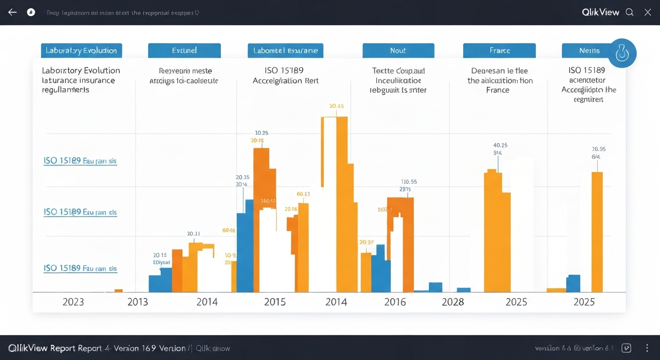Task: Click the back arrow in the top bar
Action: point(12,12)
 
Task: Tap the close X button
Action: point(647,12)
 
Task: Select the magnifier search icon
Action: point(630,12)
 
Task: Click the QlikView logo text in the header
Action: point(600,12)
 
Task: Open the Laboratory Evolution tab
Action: point(82,51)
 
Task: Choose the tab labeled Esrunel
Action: point(184,51)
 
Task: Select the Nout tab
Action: point(398,51)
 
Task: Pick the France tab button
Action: point(499,51)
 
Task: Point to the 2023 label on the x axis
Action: point(73,302)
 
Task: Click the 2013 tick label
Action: point(138,302)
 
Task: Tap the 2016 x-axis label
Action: point(395,302)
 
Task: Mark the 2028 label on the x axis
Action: point(453,302)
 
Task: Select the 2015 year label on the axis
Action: point(275,302)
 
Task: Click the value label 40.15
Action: point(500,145)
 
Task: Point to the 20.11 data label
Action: point(194,233)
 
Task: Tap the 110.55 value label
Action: point(409,181)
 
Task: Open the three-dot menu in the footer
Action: point(647,348)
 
